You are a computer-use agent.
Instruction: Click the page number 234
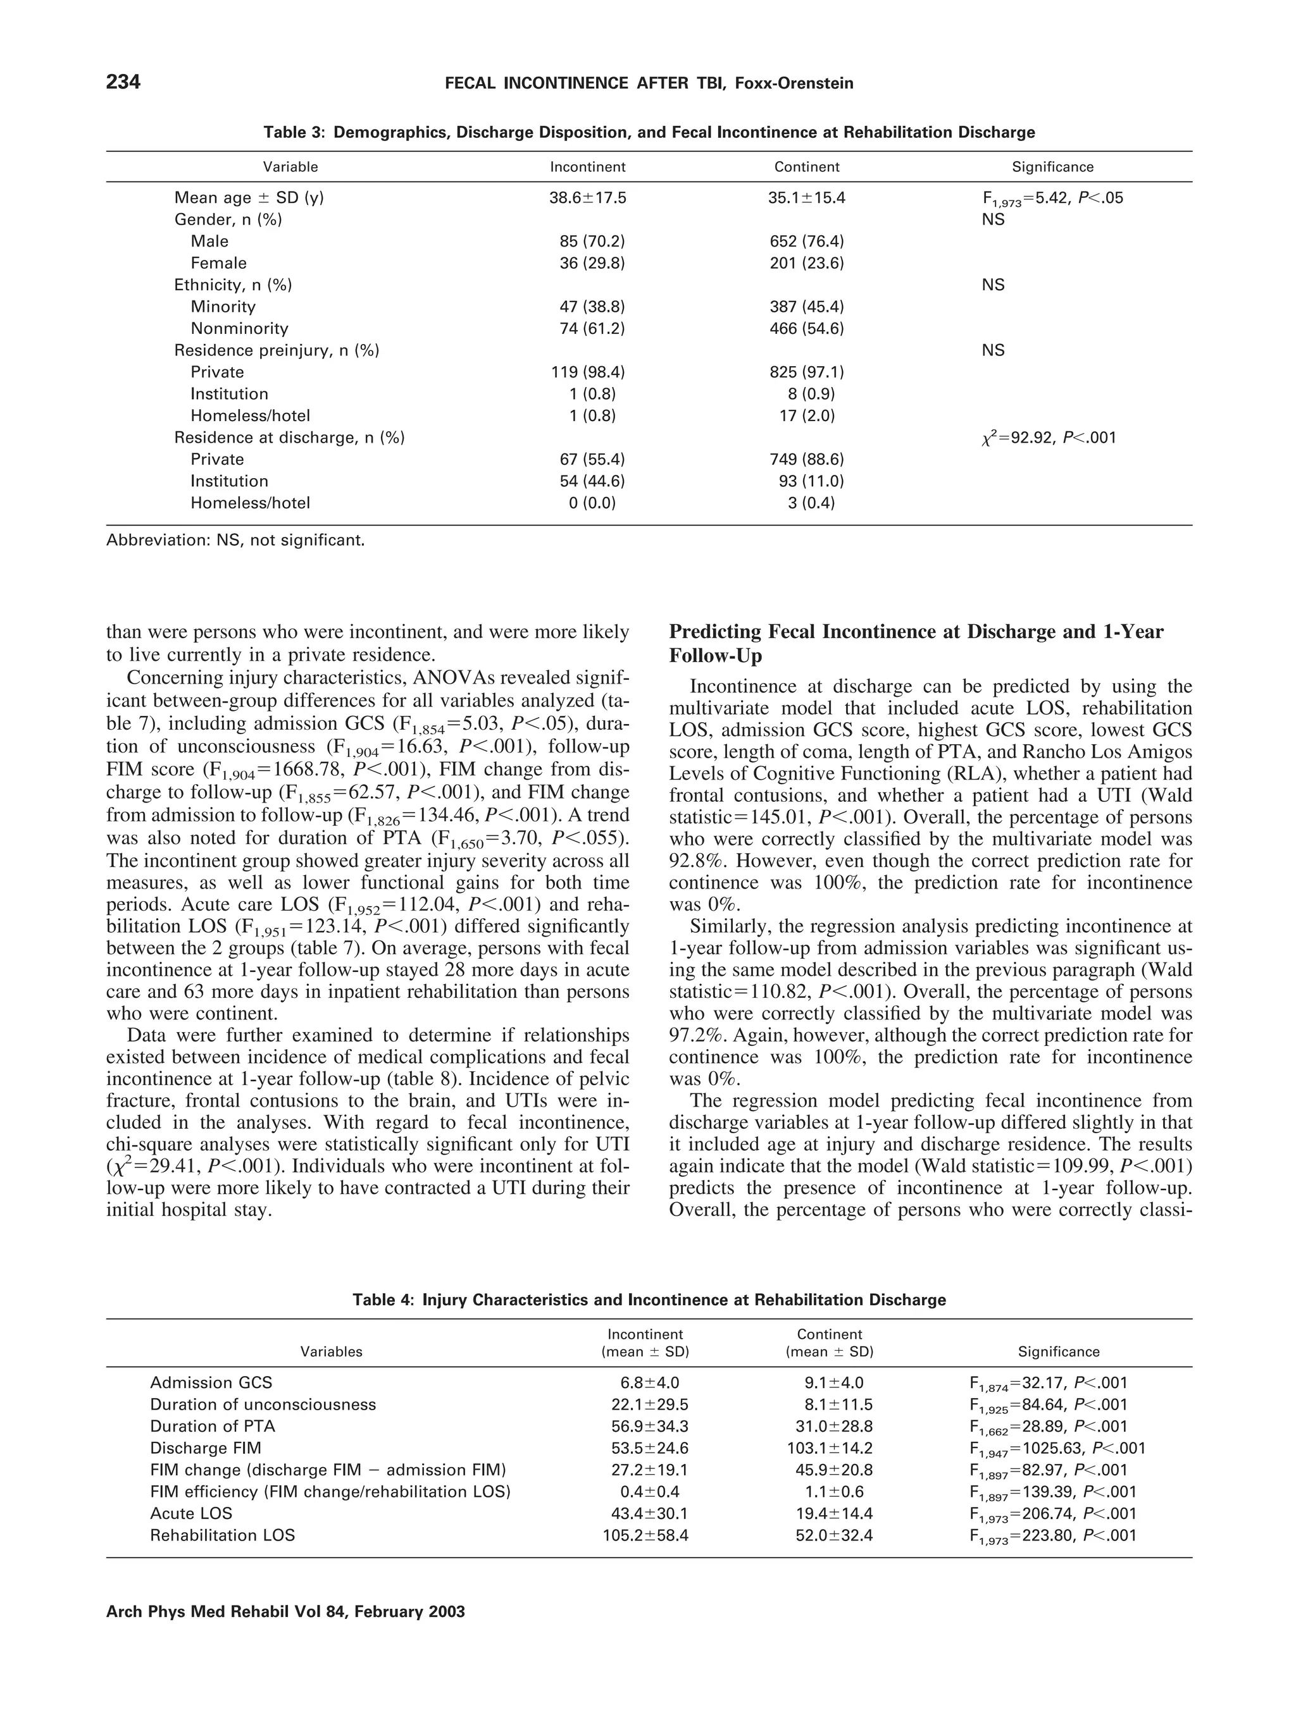click(123, 82)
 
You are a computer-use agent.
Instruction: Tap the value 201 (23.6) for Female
click(806, 263)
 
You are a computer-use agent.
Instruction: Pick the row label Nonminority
click(239, 329)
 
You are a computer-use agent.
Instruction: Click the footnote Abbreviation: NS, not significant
click(235, 539)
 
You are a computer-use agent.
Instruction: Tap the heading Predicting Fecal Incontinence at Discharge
click(916, 632)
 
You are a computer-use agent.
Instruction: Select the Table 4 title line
click(649, 1300)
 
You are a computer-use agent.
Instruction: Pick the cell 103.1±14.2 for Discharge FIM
click(830, 1448)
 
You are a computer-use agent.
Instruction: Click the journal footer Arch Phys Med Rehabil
click(285, 1611)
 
